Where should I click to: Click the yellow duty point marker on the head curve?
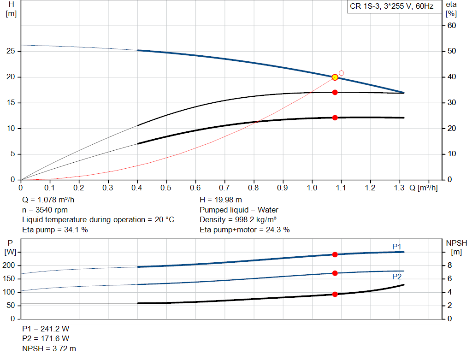[x=335, y=77]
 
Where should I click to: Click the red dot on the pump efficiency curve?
[x=335, y=92]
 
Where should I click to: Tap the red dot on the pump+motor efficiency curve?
[x=335, y=118]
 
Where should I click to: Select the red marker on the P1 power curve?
[x=335, y=254]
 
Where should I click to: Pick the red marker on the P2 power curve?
[x=335, y=273]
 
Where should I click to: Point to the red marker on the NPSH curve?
[x=335, y=294]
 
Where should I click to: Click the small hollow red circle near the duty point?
[x=342, y=73]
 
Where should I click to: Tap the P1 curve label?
[x=397, y=247]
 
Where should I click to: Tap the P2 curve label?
[x=397, y=277]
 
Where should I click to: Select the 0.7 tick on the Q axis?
[x=224, y=188]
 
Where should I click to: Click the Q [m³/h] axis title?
[x=423, y=188]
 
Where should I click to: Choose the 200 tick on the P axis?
[x=9, y=266]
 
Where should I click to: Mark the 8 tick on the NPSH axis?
[x=449, y=266]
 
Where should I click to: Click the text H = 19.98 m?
[x=221, y=200]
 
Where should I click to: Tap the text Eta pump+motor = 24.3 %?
[x=245, y=230]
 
